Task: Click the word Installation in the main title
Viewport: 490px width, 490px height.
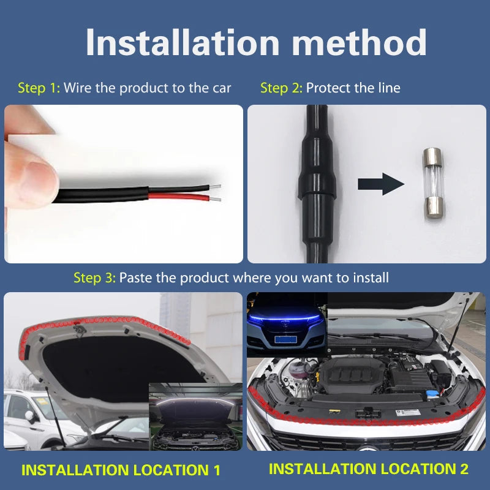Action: click(183, 42)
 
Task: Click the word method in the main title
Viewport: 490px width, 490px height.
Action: click(359, 42)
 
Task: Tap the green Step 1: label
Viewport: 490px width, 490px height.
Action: click(39, 88)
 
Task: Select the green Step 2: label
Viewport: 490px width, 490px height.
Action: click(281, 88)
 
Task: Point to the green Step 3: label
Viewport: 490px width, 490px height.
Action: click(95, 277)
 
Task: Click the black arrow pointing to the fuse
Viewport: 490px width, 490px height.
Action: click(381, 184)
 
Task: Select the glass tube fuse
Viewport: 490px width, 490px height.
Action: click(434, 184)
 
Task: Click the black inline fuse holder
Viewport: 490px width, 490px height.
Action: click(317, 184)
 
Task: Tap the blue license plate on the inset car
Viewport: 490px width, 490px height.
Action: click(285, 339)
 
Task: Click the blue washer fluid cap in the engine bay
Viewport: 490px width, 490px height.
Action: click(432, 394)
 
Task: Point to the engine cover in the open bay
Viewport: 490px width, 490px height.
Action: click(353, 373)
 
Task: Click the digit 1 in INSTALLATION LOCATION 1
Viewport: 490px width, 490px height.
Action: click(217, 470)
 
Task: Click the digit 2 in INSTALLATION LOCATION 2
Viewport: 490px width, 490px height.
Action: click(464, 469)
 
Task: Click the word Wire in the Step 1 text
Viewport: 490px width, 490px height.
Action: click(78, 88)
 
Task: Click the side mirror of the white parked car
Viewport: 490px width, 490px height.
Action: click(30, 417)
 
